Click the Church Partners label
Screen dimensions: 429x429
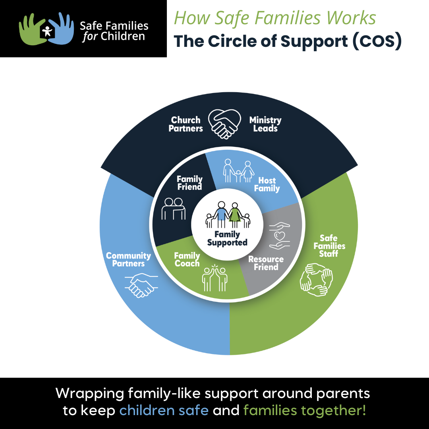(186, 124)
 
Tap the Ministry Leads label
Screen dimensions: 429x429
(265, 124)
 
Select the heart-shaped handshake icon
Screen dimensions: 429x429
(225, 122)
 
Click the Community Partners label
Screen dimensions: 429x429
(128, 259)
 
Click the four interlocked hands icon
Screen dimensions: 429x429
(316, 280)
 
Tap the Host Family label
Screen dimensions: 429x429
(267, 185)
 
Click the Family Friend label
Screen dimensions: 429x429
(189, 183)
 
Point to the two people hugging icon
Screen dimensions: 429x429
(174, 208)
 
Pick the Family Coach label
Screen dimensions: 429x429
(187, 259)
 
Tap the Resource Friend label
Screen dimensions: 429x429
(266, 263)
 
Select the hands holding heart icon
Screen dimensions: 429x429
(279, 235)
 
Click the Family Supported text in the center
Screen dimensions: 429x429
(227, 238)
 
